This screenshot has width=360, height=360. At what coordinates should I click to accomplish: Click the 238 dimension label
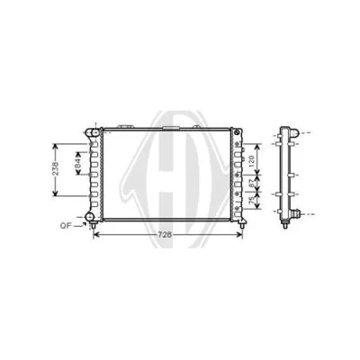(x=56, y=169)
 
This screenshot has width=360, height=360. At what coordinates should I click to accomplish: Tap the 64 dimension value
(x=77, y=166)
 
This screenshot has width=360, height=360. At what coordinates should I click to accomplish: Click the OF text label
(x=66, y=225)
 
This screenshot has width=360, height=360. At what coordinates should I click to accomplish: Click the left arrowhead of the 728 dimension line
(x=96, y=235)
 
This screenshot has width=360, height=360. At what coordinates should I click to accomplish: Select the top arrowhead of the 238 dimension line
(x=57, y=144)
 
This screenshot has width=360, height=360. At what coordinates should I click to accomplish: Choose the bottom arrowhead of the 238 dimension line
(x=57, y=196)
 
